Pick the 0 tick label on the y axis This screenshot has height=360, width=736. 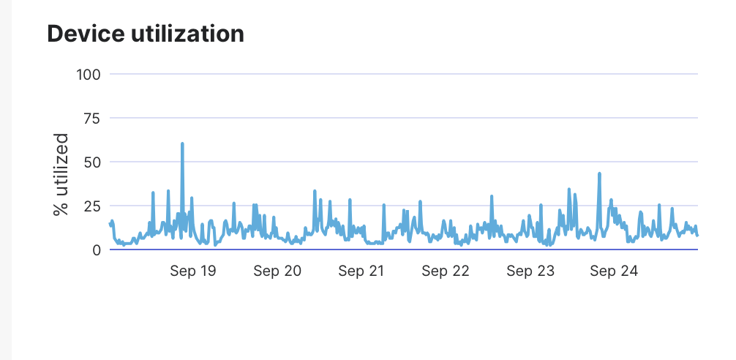pyautogui.click(x=97, y=250)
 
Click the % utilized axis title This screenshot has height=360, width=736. pyautogui.click(x=61, y=174)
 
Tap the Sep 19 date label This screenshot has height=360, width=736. pyautogui.click(x=193, y=271)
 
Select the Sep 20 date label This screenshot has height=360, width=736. pyautogui.click(x=277, y=271)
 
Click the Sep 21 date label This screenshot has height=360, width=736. pyautogui.click(x=361, y=271)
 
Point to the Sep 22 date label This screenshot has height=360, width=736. pyautogui.click(x=446, y=271)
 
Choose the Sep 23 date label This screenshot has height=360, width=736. pyautogui.click(x=530, y=271)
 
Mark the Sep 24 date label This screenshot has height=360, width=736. pyautogui.click(x=615, y=271)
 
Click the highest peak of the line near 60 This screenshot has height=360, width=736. pyautogui.click(x=182, y=144)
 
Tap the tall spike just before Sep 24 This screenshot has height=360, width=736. pyautogui.click(x=599, y=174)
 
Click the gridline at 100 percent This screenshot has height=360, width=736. pyautogui.click(x=402, y=74)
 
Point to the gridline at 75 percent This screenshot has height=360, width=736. pyautogui.click(x=402, y=118)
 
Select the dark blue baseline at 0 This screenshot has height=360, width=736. pyautogui.click(x=402, y=250)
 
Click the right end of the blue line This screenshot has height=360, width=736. pyautogui.click(x=697, y=235)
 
